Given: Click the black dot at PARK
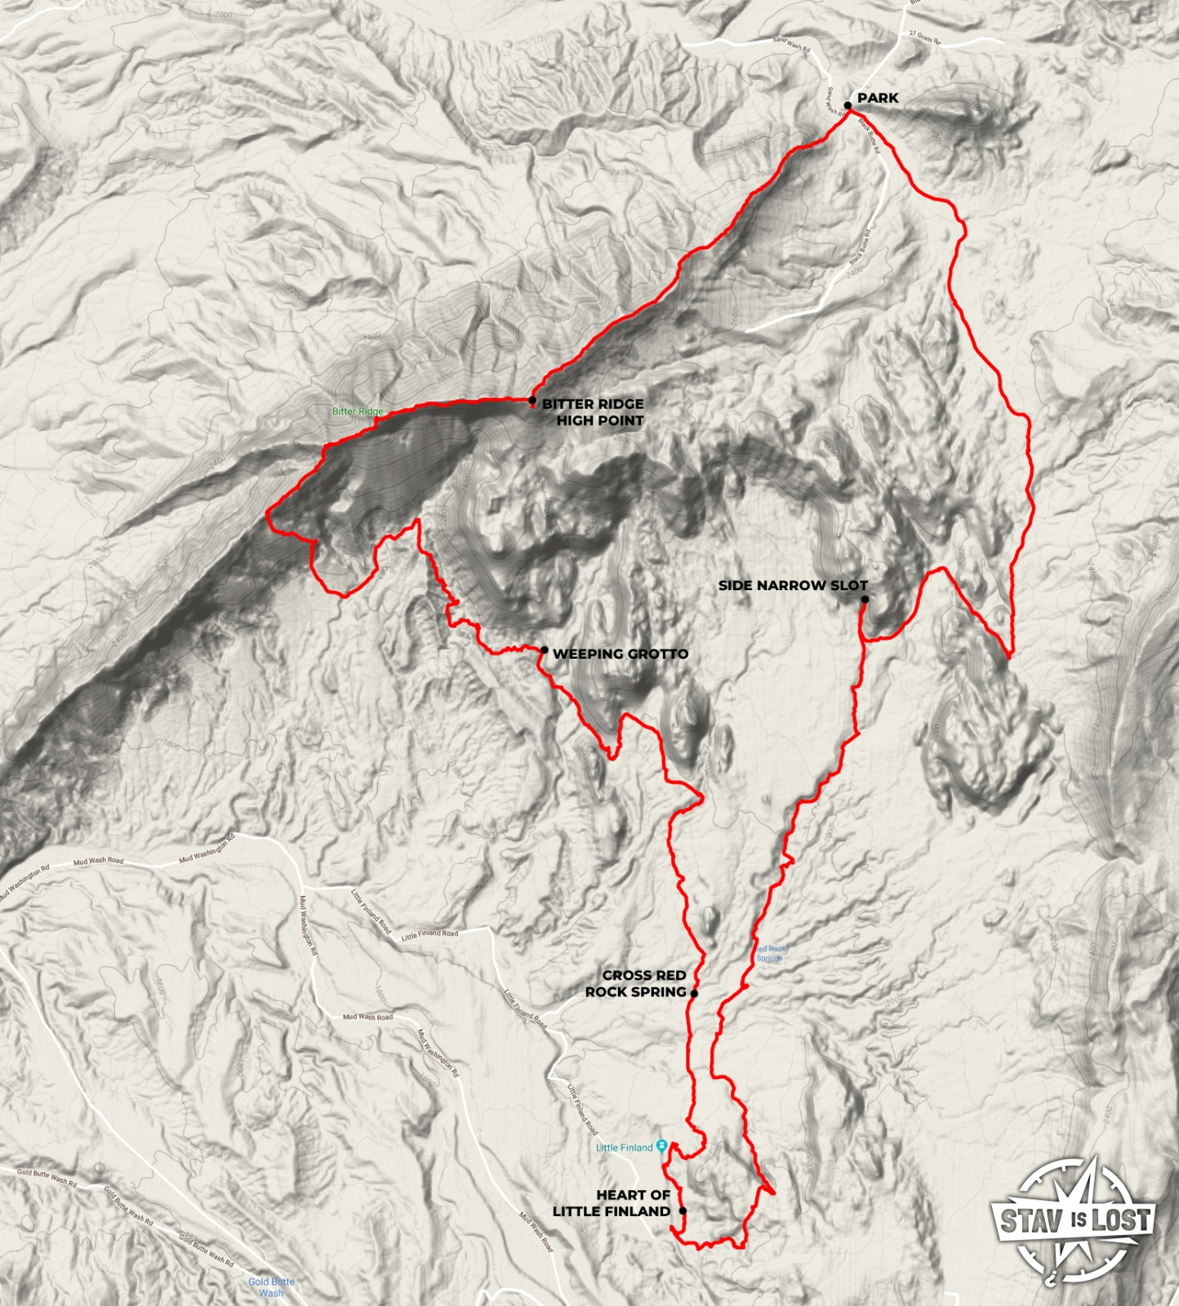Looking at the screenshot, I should tap(848, 105).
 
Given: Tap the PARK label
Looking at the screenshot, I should tap(878, 98).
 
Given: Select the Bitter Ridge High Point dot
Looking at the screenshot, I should tap(532, 400).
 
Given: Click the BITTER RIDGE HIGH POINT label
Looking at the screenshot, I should tap(593, 412).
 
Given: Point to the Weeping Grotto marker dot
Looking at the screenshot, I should tap(545, 650).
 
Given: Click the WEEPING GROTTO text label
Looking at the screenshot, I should tap(621, 654).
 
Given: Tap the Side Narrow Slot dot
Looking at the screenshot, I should tap(865, 599).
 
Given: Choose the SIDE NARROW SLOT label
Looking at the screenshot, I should tap(793, 585).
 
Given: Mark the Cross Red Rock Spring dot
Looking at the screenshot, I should tap(694, 993).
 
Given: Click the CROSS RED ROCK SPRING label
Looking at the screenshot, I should tap(636, 984).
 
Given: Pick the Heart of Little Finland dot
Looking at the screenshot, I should tap(683, 1211).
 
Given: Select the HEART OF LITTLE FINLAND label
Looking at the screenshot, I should tap(612, 1203).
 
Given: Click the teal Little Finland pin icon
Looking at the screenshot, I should tap(662, 1147).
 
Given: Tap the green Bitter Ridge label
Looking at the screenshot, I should tap(358, 411).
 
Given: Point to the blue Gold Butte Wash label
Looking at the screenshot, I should tap(271, 1287).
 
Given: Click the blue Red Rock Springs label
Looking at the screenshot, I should tap(771, 953).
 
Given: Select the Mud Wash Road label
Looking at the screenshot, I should tap(98, 861).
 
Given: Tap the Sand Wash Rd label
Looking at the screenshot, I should tap(791, 44).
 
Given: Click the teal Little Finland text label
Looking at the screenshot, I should tap(624, 1148).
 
